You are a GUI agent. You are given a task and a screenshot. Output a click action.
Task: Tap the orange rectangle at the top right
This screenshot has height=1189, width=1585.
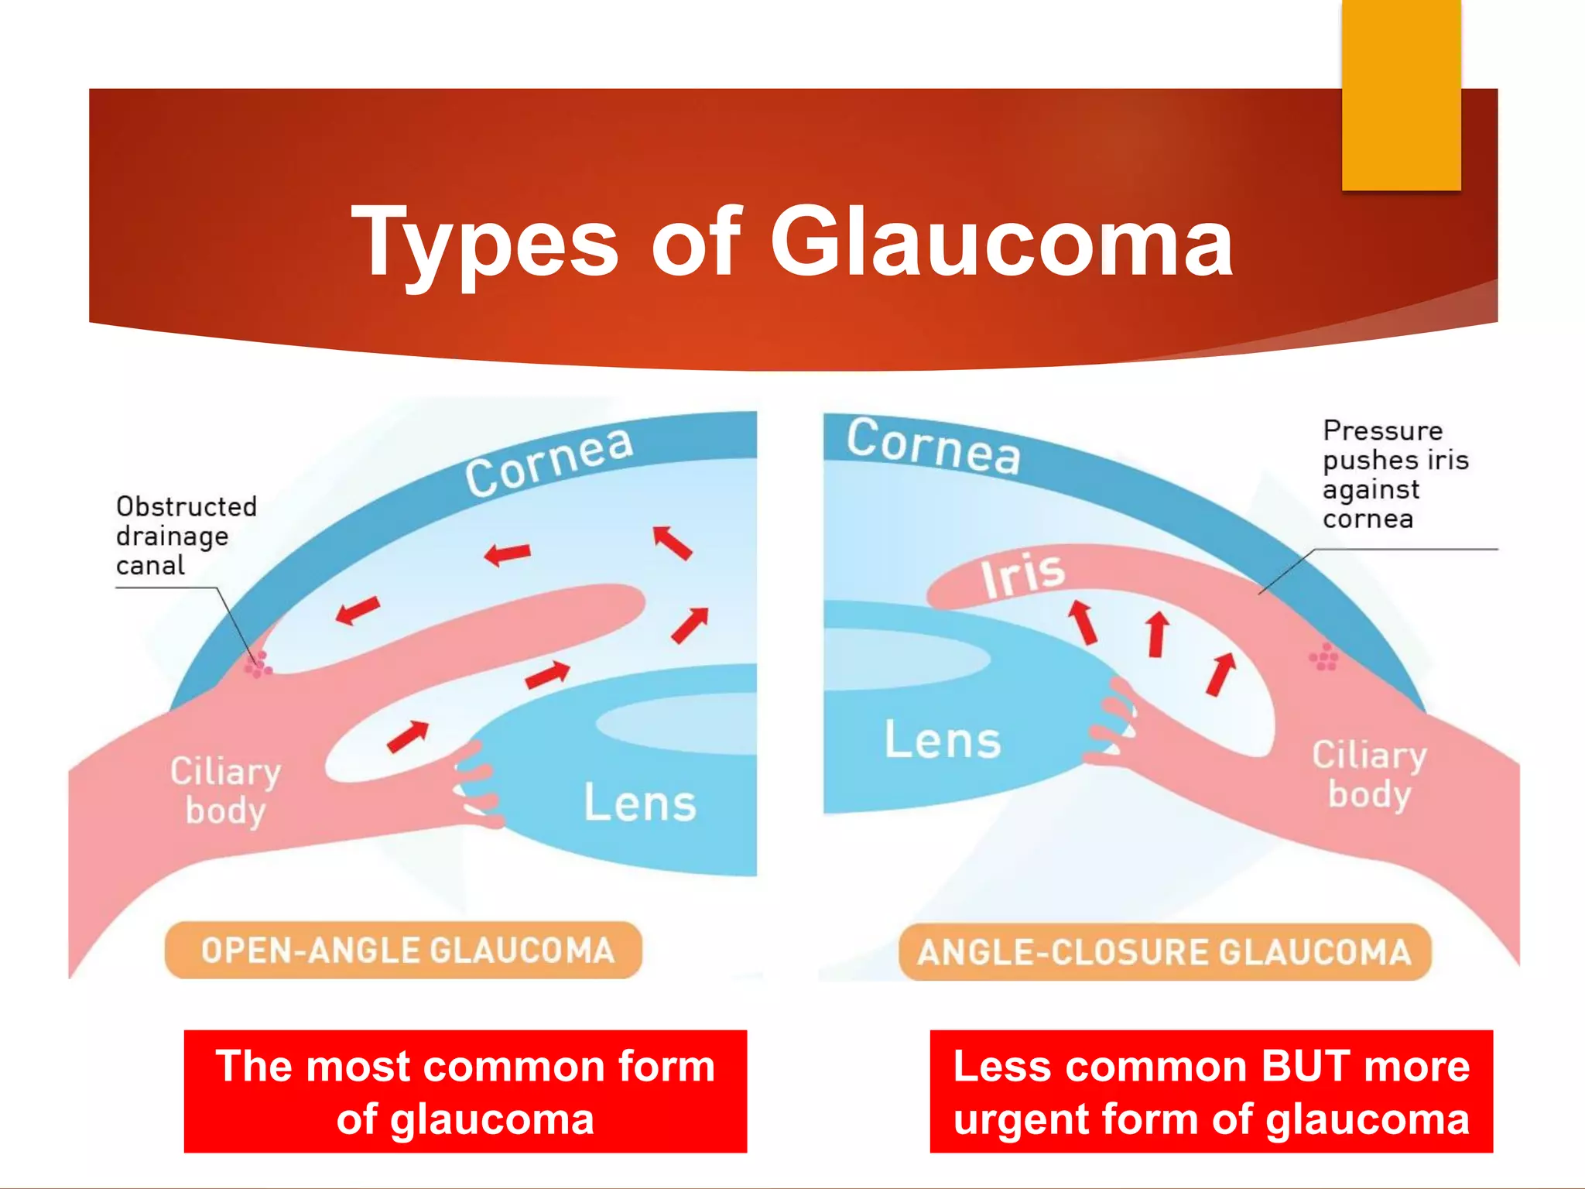[1401, 95]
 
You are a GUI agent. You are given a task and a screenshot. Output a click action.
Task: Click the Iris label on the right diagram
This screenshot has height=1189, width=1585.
[1022, 576]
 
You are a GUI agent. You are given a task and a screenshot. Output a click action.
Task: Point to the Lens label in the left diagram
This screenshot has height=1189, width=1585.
[639, 803]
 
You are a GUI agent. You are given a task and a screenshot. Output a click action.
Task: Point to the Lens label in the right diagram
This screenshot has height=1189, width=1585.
[942, 740]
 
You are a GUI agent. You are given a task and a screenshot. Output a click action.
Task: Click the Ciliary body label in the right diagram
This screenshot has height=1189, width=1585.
[1369, 774]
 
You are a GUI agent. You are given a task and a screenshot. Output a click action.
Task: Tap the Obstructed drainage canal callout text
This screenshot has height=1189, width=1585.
[186, 536]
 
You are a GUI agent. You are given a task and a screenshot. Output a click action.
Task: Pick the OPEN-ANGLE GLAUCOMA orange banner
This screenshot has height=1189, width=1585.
[403, 950]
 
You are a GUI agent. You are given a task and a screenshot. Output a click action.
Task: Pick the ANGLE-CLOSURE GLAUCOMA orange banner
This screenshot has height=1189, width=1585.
[1164, 952]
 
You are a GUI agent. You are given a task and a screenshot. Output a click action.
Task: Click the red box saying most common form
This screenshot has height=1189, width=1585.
[465, 1091]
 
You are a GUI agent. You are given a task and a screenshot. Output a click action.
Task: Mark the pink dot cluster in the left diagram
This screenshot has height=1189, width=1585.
[258, 664]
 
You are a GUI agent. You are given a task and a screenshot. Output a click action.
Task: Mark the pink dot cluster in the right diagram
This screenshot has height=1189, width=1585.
[1324, 657]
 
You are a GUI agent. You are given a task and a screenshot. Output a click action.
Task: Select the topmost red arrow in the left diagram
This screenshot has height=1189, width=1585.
[671, 542]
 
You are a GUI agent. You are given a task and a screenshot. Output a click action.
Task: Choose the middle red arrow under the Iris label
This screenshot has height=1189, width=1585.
[1157, 634]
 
